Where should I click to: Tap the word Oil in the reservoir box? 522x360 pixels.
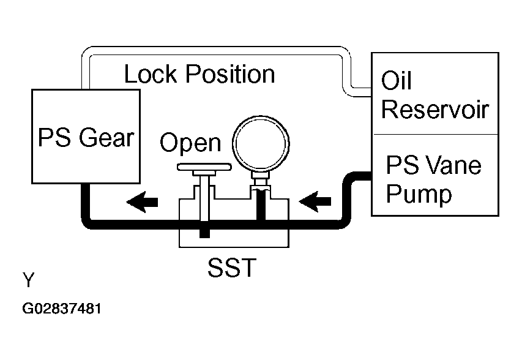(x=396, y=81)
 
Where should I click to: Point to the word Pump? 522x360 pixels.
(x=419, y=194)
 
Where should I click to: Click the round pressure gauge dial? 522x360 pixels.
(x=261, y=144)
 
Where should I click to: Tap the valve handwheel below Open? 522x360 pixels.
(x=204, y=167)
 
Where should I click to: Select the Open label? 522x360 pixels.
(x=190, y=143)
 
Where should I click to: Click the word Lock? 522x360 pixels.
(x=151, y=73)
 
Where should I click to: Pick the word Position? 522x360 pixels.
(x=230, y=73)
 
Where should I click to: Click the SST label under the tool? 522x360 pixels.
(x=232, y=267)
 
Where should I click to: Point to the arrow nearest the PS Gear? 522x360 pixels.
(x=142, y=202)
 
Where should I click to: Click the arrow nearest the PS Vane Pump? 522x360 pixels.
(x=315, y=201)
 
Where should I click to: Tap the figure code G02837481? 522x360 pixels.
(x=62, y=309)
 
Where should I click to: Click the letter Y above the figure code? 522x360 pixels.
(x=29, y=280)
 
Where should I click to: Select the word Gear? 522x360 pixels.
(x=106, y=137)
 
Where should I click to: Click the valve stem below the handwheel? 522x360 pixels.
(x=204, y=198)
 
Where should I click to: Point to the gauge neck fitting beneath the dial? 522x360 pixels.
(x=260, y=181)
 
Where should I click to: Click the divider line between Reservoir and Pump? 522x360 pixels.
(x=435, y=135)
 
